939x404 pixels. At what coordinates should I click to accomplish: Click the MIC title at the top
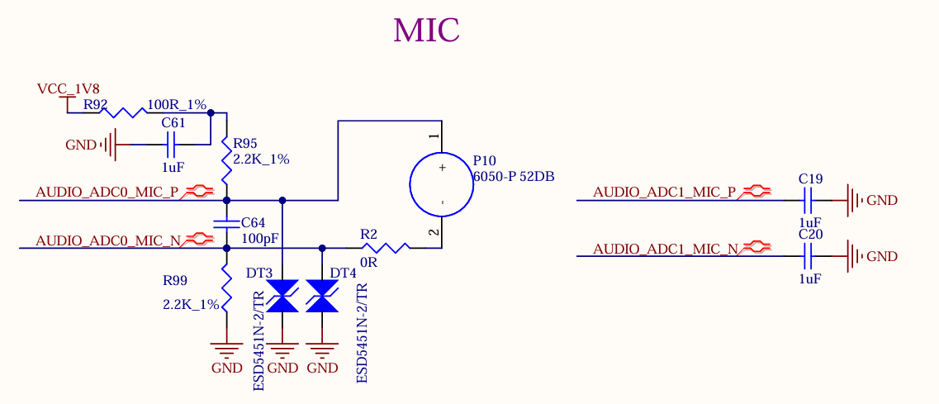coord(426,31)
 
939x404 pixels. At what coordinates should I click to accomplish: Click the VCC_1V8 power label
coord(68,88)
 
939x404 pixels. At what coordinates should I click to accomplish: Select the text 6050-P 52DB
coord(513,176)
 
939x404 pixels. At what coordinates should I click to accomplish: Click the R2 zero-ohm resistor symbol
coord(385,247)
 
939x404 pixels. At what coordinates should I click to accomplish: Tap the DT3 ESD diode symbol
coord(282,296)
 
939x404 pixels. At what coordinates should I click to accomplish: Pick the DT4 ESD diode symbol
coord(322,296)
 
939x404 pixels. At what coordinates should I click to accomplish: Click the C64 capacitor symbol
coord(226,223)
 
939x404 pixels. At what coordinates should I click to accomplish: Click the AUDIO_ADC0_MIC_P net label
coord(107,192)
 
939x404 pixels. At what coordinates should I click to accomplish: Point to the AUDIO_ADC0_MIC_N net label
coord(107,241)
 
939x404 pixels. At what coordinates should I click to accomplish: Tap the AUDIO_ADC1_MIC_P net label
coord(665,192)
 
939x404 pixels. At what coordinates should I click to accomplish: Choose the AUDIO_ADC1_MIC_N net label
coord(665,249)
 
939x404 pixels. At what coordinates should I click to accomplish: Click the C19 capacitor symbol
coord(809,200)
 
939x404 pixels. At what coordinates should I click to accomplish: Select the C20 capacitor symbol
coord(809,256)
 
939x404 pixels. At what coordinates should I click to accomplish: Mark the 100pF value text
coord(259,238)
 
